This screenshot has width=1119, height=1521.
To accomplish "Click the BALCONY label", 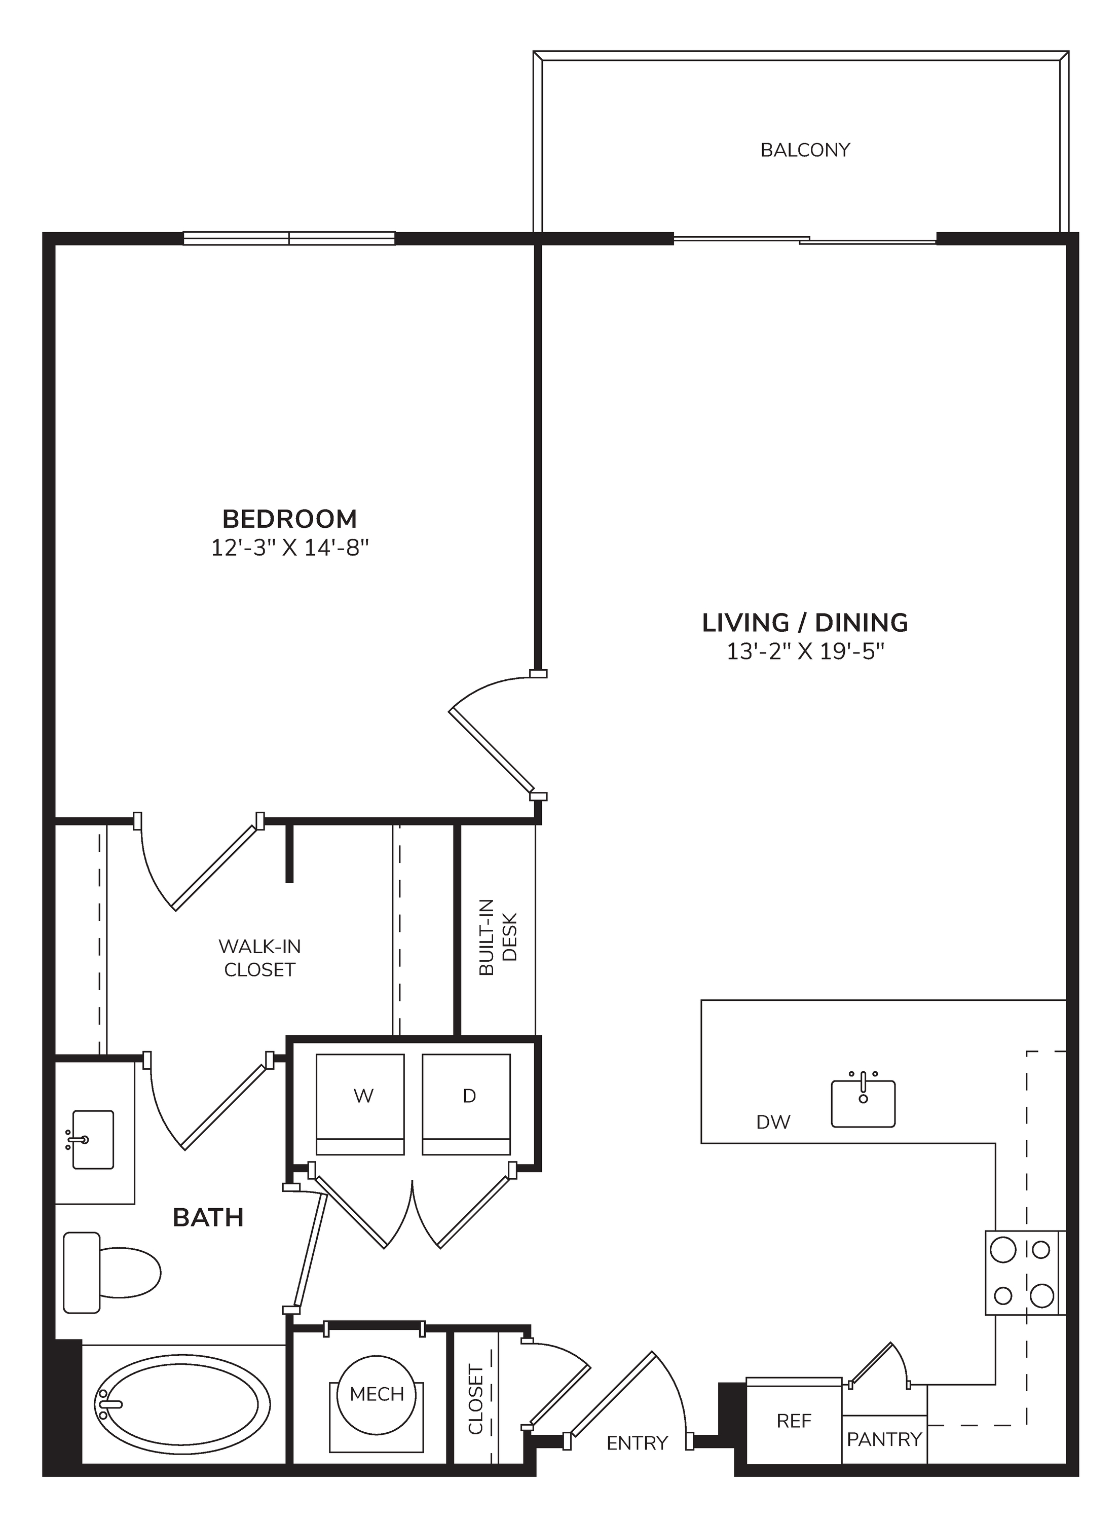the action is (x=805, y=150).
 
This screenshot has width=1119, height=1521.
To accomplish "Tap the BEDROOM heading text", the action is (x=290, y=519).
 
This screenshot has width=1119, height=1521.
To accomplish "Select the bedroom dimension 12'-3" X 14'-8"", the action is (x=290, y=548).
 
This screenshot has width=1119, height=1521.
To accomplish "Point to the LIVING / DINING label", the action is (x=805, y=622).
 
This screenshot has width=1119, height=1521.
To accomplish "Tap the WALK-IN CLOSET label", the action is (x=259, y=958).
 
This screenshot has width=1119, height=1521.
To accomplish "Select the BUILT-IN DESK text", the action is (x=498, y=937).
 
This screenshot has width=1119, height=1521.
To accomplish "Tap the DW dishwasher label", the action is (x=773, y=1122).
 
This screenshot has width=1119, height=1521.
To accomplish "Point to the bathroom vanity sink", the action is (x=91, y=1140).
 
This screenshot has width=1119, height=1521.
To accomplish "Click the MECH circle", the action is (x=377, y=1394).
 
